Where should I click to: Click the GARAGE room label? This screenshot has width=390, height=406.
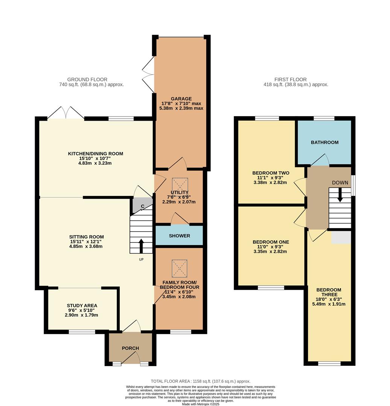point(181,99)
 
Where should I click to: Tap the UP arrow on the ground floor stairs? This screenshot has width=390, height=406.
point(141,246)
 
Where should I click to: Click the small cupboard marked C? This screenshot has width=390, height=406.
point(142,206)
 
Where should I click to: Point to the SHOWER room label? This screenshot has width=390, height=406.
point(179,236)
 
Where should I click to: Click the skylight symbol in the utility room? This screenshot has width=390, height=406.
point(180,185)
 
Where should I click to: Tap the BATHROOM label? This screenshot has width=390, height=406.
point(324,142)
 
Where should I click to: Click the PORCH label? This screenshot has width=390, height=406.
point(130,348)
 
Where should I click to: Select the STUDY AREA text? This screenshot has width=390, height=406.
point(82,305)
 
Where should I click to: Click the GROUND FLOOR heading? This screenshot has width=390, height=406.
point(87,79)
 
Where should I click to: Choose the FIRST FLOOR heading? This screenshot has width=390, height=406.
point(290,79)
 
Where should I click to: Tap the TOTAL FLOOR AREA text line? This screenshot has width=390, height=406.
point(200,381)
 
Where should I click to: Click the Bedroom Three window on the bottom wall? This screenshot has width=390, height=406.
point(329,363)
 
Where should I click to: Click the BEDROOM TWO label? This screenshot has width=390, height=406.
point(271,173)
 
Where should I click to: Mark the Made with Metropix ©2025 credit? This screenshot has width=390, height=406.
point(200,404)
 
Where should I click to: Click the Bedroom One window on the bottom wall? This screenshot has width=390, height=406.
point(271,288)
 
